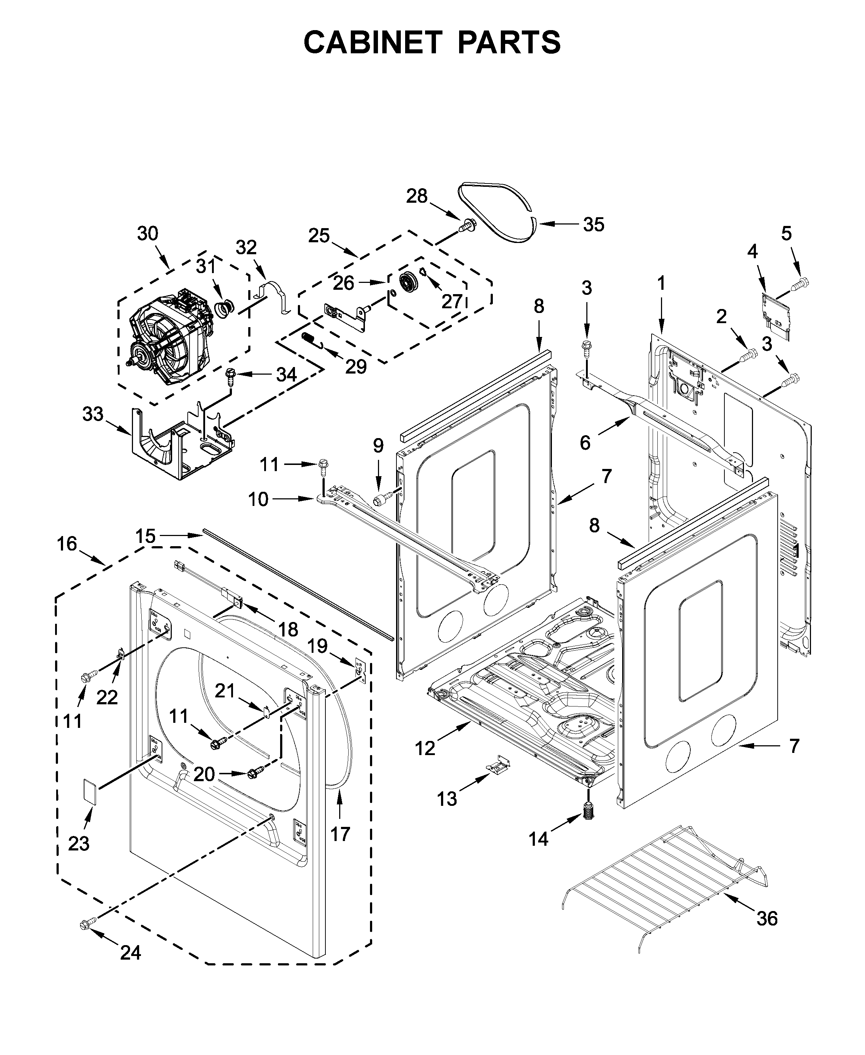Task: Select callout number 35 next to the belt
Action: pyautogui.click(x=594, y=224)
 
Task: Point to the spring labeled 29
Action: pyautogui.click(x=309, y=339)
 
